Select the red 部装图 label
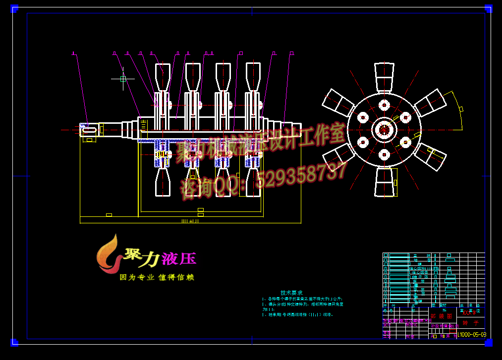pyautogui.click(x=442, y=315)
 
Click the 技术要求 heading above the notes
pyautogui.click(x=291, y=293)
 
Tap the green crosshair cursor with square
pyautogui.click(x=123, y=79)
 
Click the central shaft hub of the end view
pyautogui.click(x=384, y=130)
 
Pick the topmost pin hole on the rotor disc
pyautogui.click(x=384, y=105)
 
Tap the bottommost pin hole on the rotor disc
pyautogui.click(x=384, y=154)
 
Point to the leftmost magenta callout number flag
pyautogui.click(x=73, y=53)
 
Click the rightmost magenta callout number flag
pyautogui.click(x=291, y=53)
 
